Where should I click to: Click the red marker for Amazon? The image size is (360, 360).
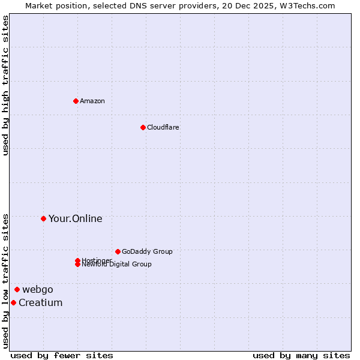(x=76, y=101)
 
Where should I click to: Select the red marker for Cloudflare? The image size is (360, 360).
(x=143, y=127)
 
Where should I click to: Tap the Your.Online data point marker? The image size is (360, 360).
(x=43, y=218)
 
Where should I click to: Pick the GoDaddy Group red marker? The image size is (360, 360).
(x=118, y=251)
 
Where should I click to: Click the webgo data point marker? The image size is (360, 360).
(x=17, y=289)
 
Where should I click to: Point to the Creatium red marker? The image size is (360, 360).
(x=13, y=302)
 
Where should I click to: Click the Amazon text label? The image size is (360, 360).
(x=92, y=101)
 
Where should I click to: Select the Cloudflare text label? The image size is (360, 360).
(x=163, y=127)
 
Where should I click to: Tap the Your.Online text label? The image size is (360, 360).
(x=76, y=218)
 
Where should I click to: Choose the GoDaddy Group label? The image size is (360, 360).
(x=147, y=251)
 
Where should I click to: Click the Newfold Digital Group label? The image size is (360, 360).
(x=117, y=265)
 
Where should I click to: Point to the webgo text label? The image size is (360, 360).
(x=38, y=289)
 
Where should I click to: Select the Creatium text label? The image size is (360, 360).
(x=41, y=302)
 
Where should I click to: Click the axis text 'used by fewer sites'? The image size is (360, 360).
(x=62, y=355)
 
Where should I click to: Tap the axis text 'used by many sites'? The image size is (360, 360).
(x=301, y=355)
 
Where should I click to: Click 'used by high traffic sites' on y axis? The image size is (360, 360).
(x=5, y=85)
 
